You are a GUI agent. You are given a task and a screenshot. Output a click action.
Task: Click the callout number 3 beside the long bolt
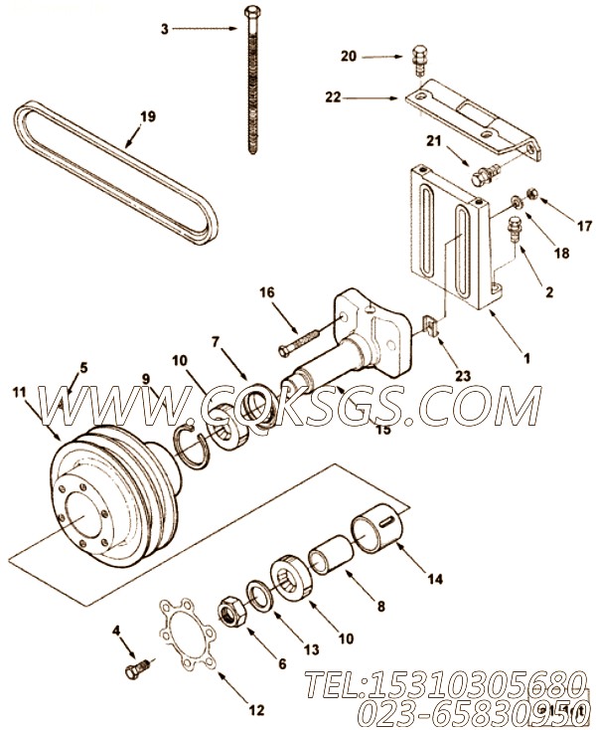(x=165, y=29)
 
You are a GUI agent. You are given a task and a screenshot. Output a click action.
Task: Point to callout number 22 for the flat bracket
(x=335, y=97)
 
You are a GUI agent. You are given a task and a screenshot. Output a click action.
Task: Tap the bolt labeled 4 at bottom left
(x=135, y=672)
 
